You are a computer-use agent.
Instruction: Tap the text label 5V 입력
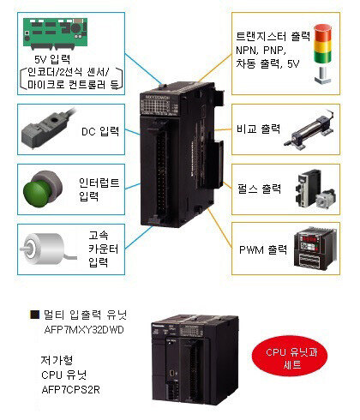click(52, 59)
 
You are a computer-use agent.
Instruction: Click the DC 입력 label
click(100, 131)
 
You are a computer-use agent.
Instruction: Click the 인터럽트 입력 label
click(99, 189)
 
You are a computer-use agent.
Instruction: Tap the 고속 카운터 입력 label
click(103, 249)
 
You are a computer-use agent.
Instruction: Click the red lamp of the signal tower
click(323, 33)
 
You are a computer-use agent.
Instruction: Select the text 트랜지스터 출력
click(273, 36)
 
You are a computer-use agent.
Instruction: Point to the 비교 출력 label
click(258, 129)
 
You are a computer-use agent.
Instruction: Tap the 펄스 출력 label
click(259, 189)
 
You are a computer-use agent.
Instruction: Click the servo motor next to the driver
click(326, 198)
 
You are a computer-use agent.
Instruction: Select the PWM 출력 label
click(263, 250)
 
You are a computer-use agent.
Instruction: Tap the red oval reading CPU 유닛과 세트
click(291, 357)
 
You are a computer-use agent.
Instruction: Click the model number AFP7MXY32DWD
click(84, 330)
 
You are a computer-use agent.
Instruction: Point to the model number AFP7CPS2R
click(71, 390)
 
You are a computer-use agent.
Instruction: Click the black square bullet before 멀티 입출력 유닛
click(35, 315)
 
